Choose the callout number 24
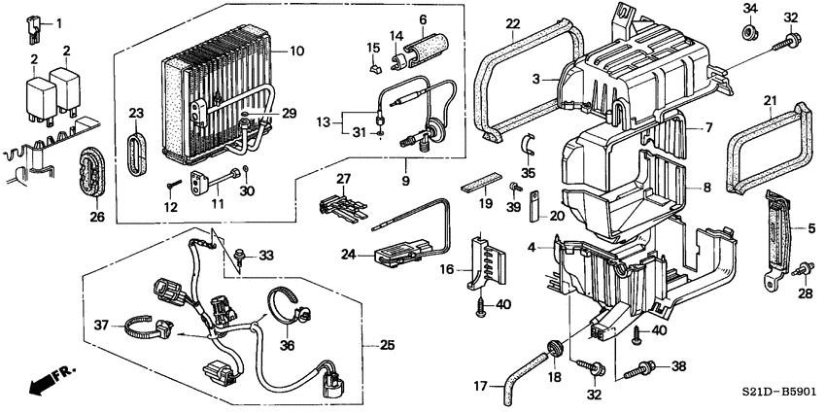(347, 257)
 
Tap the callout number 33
(266, 255)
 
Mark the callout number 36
(287, 345)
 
